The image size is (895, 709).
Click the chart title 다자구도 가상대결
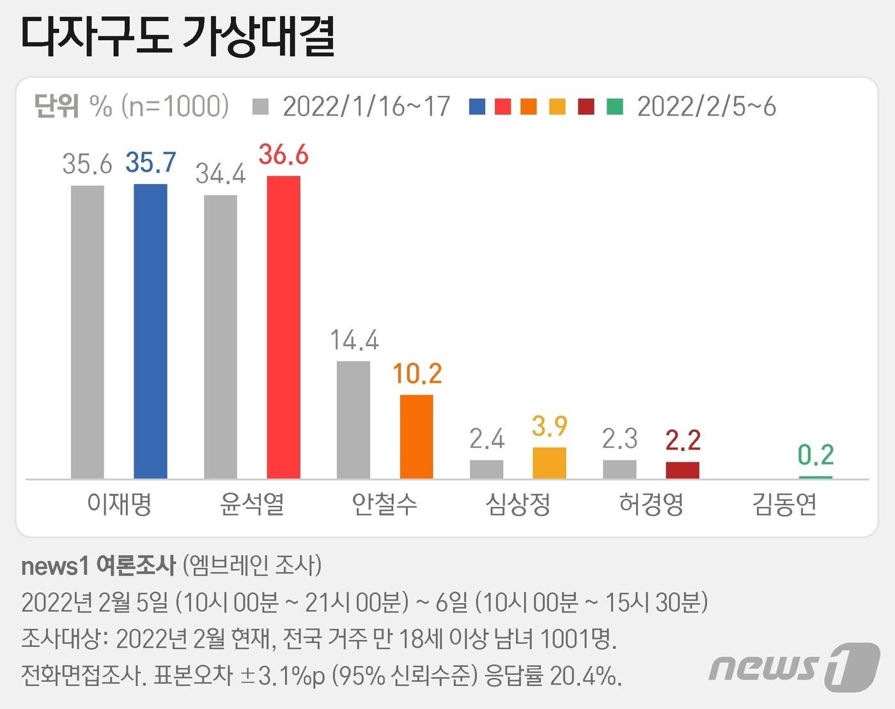[x=178, y=36]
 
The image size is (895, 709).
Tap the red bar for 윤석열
[x=283, y=327]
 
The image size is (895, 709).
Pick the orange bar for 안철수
[x=416, y=436]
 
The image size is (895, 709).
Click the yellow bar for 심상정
[x=549, y=462]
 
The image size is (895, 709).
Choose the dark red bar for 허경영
[x=682, y=470]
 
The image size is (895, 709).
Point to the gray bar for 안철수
[x=354, y=420]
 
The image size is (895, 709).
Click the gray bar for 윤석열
[x=221, y=337]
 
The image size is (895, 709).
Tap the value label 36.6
[x=283, y=155]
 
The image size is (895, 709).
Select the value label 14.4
[x=354, y=340]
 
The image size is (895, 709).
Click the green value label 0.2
[x=816, y=455]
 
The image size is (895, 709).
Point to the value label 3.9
[x=550, y=426]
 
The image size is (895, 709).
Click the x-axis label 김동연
[x=784, y=505]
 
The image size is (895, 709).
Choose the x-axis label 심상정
[x=518, y=505]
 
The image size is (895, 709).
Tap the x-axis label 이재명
[x=119, y=505]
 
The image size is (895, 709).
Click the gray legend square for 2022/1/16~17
[x=260, y=107]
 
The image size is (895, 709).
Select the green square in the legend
[x=614, y=107]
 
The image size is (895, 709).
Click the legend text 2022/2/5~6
[x=706, y=107]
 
